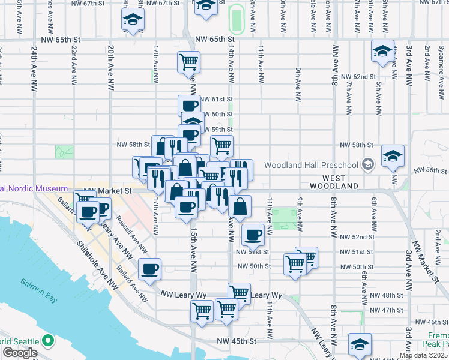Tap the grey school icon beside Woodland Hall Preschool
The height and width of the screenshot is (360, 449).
[x=367, y=164]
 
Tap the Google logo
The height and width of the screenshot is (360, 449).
[x=19, y=353]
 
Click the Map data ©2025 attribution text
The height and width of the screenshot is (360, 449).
[x=423, y=355]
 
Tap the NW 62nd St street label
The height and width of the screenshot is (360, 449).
[x=358, y=77]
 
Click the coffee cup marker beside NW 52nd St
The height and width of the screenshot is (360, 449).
[x=253, y=235]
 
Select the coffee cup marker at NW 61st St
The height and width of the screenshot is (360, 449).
[x=190, y=106]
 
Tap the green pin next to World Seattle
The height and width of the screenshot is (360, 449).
[x=48, y=341]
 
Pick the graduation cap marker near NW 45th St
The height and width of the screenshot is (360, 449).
[x=360, y=344]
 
